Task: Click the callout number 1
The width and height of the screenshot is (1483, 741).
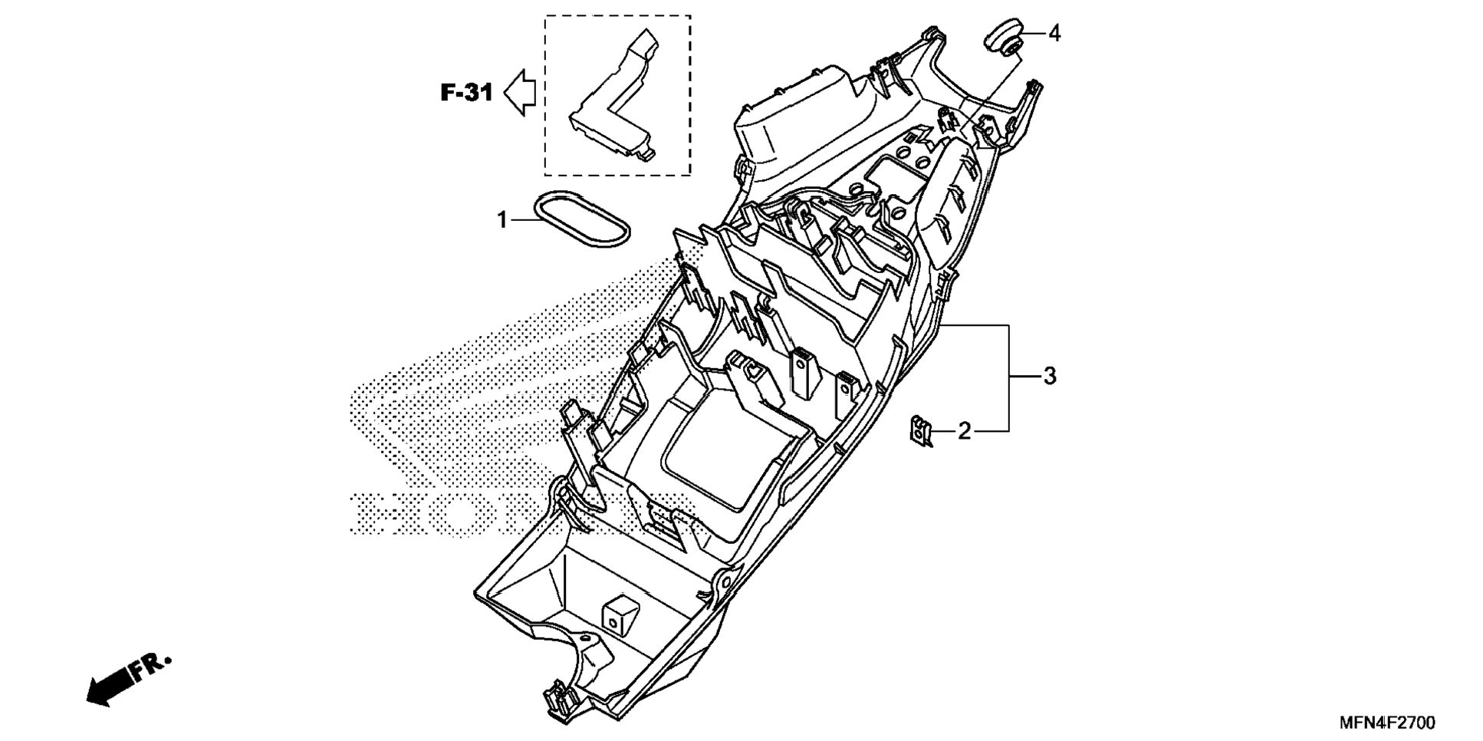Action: tap(501, 221)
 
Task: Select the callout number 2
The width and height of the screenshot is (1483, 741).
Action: tap(964, 431)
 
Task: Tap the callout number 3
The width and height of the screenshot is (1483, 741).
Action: tap(1049, 377)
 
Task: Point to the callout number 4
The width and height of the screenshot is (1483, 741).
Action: tap(1054, 34)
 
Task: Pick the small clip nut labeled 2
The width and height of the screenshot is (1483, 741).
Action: tap(920, 430)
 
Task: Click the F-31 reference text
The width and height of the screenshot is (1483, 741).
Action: tap(466, 93)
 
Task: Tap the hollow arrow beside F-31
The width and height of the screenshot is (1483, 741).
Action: tap(521, 92)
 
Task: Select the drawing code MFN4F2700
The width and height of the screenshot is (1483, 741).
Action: tap(1386, 723)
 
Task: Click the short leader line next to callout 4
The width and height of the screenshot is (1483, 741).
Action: tap(1033, 34)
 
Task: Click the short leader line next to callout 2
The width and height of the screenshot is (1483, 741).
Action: tap(943, 431)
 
